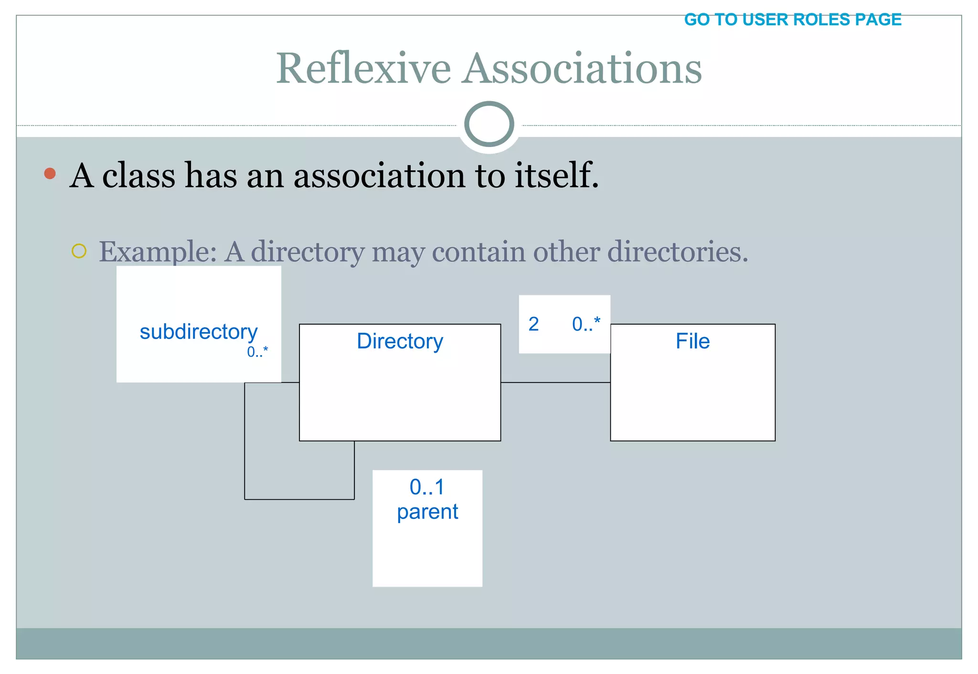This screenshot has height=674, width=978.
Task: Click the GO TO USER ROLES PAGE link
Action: pos(792,20)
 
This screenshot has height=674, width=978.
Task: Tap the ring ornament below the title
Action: pos(489,124)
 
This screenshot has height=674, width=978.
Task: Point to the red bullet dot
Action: pos(50,173)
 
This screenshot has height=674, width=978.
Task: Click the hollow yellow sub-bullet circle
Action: pos(79,251)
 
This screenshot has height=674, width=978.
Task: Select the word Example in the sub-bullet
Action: pos(158,252)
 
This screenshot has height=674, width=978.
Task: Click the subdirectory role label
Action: pos(198,332)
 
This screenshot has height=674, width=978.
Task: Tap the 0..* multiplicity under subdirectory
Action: pos(257,352)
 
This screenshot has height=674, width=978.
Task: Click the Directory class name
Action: pos(400,341)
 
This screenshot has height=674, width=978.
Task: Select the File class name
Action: pos(692,341)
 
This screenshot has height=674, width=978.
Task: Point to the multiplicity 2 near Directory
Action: pos(533,324)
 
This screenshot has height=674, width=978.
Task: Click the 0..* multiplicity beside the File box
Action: pos(586,324)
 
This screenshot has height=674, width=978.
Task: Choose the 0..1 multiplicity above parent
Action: pos(427,487)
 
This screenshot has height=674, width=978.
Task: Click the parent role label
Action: pos(427,512)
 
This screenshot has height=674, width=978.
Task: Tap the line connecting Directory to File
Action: pos(555,382)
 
